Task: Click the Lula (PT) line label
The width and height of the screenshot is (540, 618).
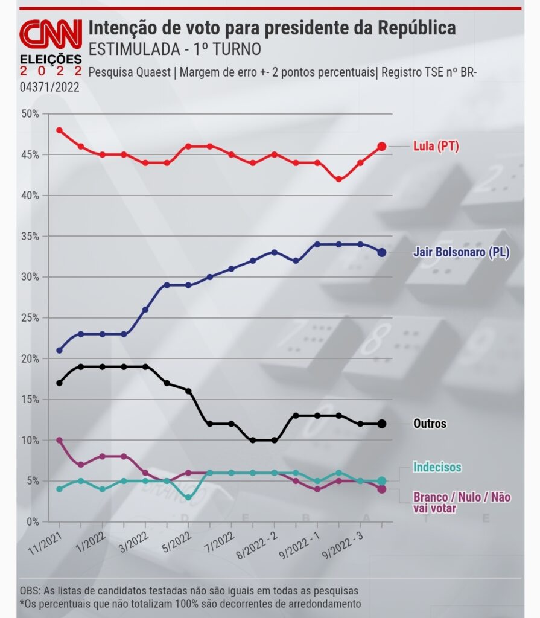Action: pos(436,146)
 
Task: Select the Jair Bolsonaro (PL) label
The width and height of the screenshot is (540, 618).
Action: pos(461,252)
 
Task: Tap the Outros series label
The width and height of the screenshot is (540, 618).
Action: pos(430,424)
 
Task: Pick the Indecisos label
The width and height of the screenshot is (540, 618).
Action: pos(437,467)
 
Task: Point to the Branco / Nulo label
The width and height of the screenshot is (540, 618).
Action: pos(462,502)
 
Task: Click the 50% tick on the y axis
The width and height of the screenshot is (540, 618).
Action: pos(30,114)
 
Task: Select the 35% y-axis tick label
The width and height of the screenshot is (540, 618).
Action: pos(30,237)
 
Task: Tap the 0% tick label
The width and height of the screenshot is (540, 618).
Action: pos(33,521)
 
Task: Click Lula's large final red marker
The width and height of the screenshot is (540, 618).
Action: pos(382,146)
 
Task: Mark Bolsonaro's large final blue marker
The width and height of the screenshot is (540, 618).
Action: pos(382,252)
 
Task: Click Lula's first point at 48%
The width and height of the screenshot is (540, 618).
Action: pos(59,130)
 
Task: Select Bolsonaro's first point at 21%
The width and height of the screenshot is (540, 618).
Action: pos(59,350)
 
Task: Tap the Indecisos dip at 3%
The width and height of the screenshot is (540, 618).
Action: pos(188,497)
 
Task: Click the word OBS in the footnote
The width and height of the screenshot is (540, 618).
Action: pos(29,590)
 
